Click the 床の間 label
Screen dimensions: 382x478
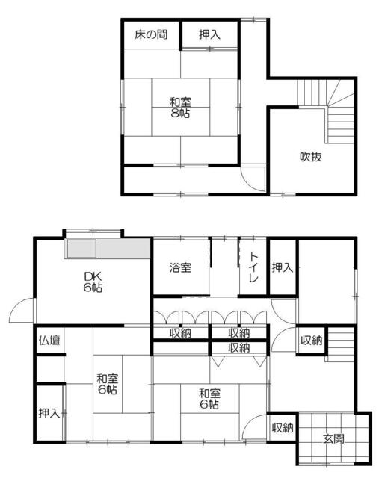pyautogui.click(x=151, y=34)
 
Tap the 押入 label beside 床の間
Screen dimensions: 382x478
pyautogui.click(x=209, y=34)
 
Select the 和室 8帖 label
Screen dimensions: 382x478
pyautogui.click(x=180, y=108)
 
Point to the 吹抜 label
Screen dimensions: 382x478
pyautogui.click(x=310, y=157)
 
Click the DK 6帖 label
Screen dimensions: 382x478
pyautogui.click(x=93, y=282)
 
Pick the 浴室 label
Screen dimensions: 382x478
pyautogui.click(x=180, y=267)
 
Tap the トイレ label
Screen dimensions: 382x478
pyautogui.click(x=254, y=267)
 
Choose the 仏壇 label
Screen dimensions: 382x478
pyautogui.click(x=49, y=341)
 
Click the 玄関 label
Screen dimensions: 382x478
pyautogui.click(x=334, y=439)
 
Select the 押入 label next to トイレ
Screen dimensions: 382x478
pyautogui.click(x=283, y=267)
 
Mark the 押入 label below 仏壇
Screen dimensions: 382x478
pyautogui.click(x=49, y=413)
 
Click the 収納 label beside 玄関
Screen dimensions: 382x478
pyautogui.click(x=283, y=428)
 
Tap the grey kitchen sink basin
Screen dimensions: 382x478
pyautogui.click(x=81, y=249)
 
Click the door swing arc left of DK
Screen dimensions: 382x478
pyautogui.click(x=21, y=306)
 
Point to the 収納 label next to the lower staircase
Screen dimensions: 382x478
pyautogui.click(x=312, y=341)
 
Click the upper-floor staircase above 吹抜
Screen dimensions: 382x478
pyautogui.click(x=325, y=110)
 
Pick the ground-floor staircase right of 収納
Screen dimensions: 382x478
pyautogui.click(x=339, y=344)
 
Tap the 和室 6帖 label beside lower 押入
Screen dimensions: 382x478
pyautogui.click(x=108, y=384)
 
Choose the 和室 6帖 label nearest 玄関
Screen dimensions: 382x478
pyautogui.click(x=209, y=399)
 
